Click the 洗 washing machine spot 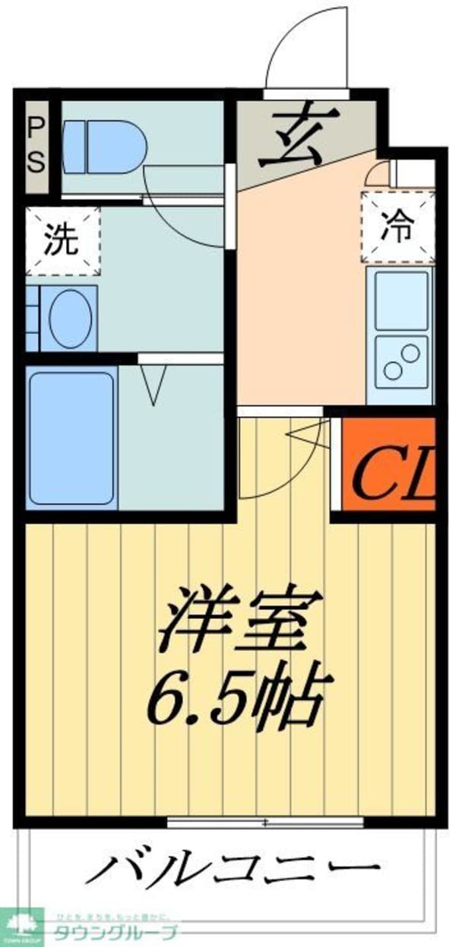(x=62, y=241)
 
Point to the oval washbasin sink (x=70, y=318)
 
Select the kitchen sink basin (x=400, y=300)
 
